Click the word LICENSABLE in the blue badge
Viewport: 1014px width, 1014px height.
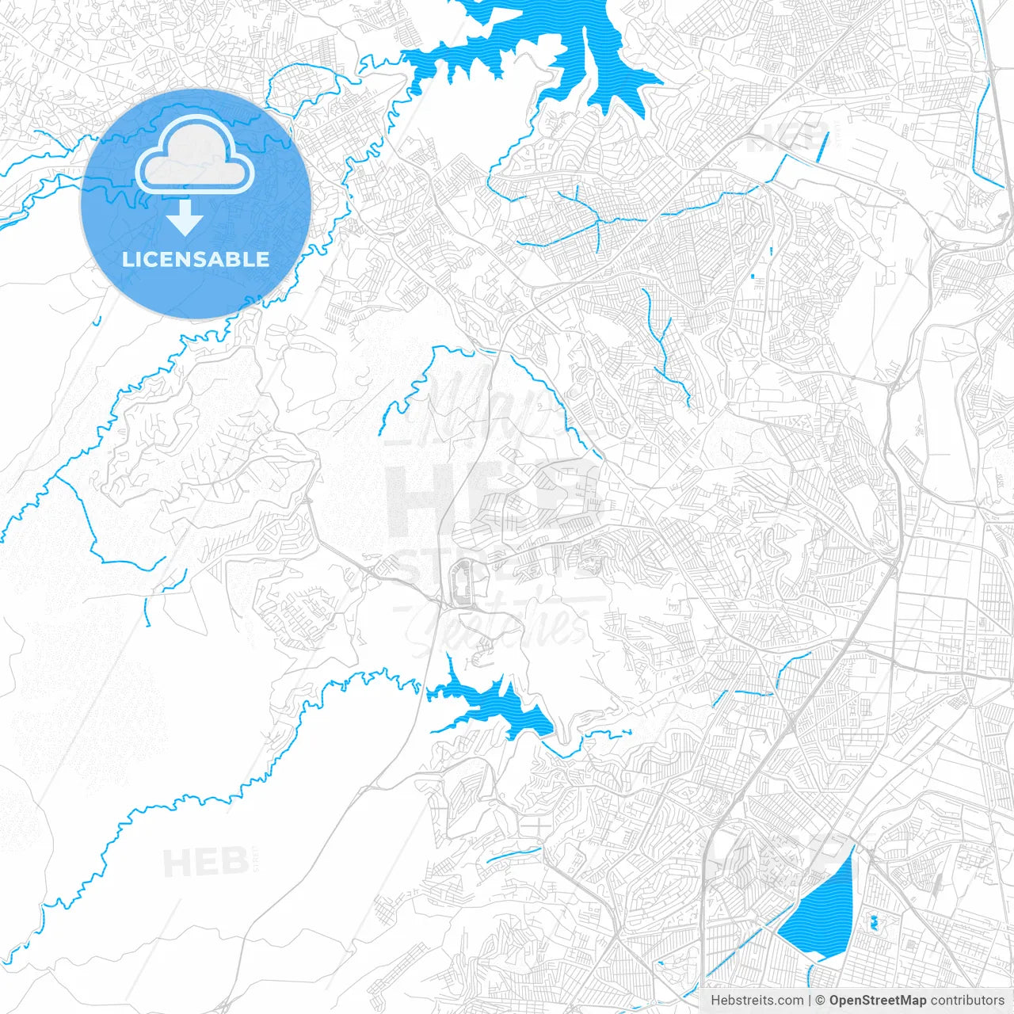[196, 259]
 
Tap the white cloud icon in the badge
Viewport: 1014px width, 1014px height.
[194, 156]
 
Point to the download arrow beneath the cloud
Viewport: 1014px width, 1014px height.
[185, 217]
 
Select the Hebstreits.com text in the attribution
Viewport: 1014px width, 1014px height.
[757, 1001]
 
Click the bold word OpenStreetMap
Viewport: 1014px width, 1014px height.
[877, 1001]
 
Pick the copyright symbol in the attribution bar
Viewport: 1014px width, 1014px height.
[821, 1001]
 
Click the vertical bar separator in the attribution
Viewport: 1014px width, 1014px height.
[810, 1001]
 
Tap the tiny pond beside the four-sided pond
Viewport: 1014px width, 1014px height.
[874, 921]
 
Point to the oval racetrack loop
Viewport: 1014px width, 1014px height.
[460, 585]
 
